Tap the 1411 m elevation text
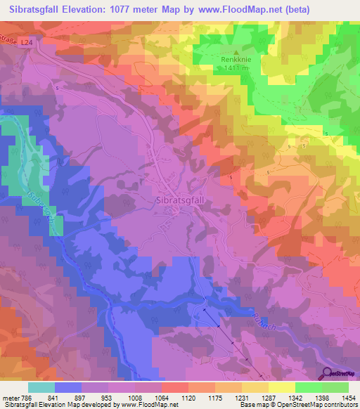tap(236, 68)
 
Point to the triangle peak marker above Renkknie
tap(236, 51)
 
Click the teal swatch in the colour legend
tap(41, 387)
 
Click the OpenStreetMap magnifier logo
tap(328, 375)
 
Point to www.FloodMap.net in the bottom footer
tap(150, 405)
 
